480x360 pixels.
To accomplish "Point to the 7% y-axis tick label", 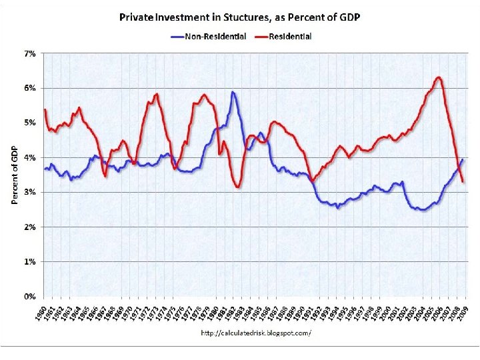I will [x=31, y=53].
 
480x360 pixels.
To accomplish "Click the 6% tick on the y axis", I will [x=31, y=88].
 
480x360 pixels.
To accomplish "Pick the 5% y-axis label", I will [x=31, y=123].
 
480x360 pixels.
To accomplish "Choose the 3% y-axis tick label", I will [x=31, y=192].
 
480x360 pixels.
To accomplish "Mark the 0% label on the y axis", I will [x=31, y=296].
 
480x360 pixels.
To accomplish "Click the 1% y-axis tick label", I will [x=31, y=261].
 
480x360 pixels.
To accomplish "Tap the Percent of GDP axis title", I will [x=15, y=175].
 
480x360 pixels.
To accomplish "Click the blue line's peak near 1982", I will [x=233, y=92].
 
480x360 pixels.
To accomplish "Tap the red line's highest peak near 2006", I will [x=438, y=77].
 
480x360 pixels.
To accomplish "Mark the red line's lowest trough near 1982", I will [x=237, y=187].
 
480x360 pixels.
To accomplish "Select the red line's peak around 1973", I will [x=157, y=94].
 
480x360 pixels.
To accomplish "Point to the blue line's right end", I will [x=463, y=159].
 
